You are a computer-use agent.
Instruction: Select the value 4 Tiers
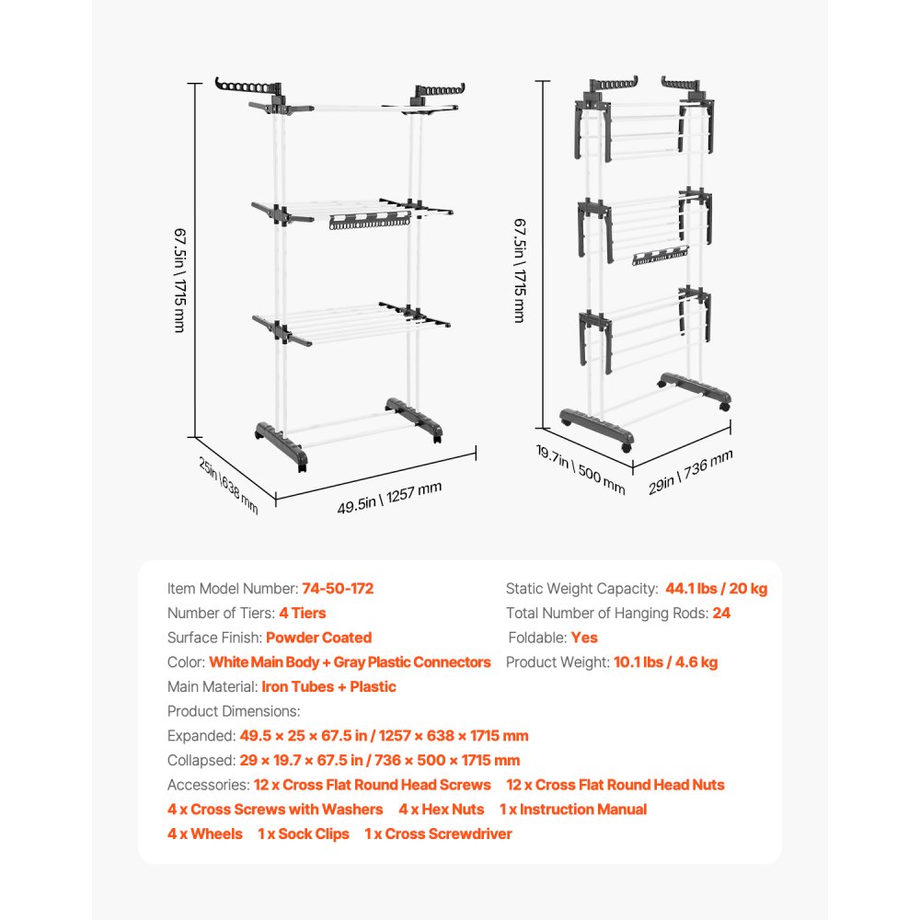(x=296, y=613)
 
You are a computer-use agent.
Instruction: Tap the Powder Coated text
(x=319, y=638)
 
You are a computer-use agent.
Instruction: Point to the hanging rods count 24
(x=721, y=613)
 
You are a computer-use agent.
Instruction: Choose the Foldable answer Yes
(x=584, y=638)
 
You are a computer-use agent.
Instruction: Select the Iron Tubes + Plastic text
(x=329, y=686)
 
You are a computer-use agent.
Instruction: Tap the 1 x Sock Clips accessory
(x=304, y=834)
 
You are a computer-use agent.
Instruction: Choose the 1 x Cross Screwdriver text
(x=438, y=834)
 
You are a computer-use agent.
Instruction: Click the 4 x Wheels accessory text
(x=205, y=834)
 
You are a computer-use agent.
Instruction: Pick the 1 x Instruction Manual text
(x=573, y=810)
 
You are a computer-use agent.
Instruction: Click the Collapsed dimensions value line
(x=380, y=760)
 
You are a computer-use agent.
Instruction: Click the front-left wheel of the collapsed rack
(x=627, y=446)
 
